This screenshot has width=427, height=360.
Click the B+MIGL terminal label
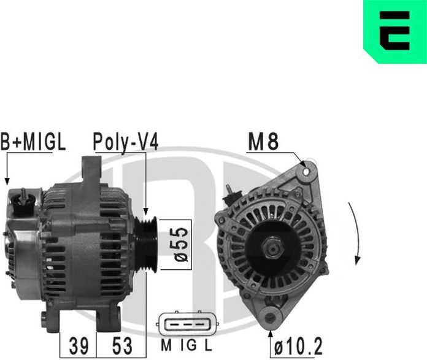click(33, 142)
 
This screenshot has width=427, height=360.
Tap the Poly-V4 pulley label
click(126, 142)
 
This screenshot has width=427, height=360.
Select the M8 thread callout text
click(263, 142)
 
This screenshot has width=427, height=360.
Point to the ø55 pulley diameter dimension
click(181, 244)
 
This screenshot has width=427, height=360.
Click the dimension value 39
click(79, 345)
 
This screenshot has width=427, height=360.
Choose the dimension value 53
click(122, 345)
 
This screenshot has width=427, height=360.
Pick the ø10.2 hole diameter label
click(298, 346)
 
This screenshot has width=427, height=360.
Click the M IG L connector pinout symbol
click(187, 324)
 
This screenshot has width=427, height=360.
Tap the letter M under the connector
click(166, 346)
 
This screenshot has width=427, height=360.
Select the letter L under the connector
click(209, 346)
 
